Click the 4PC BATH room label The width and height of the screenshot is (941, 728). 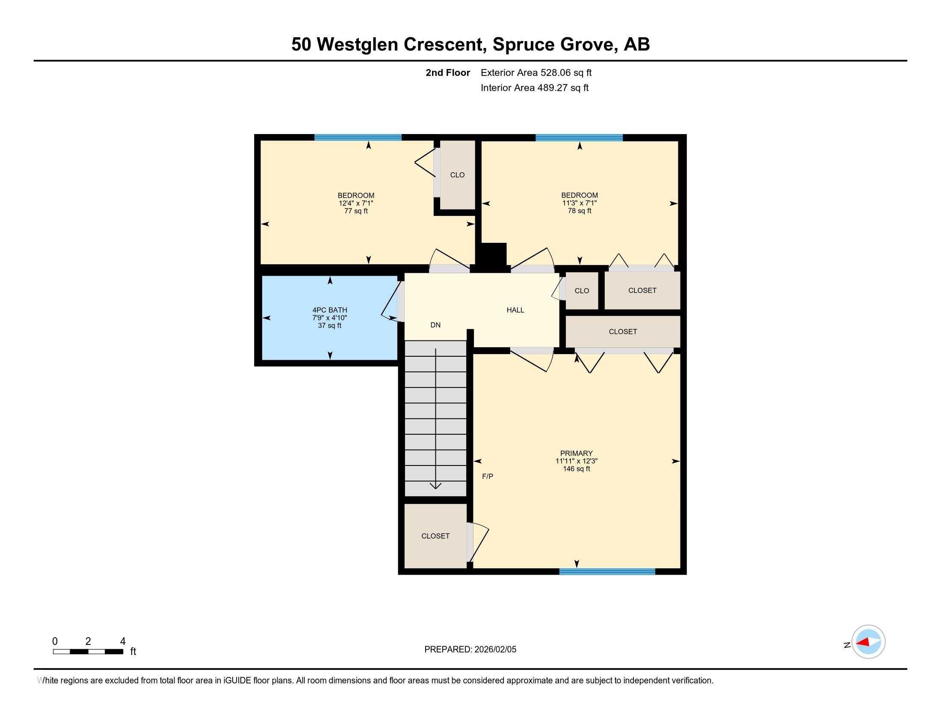330,310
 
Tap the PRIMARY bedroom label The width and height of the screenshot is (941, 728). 576,453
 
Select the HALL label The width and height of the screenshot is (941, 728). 515,310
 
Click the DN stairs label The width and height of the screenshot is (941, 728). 435,325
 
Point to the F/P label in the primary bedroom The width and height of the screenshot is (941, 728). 488,477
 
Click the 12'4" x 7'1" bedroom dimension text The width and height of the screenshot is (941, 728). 356,203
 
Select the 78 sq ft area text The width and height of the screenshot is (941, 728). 580,211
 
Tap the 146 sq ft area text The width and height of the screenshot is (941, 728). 577,469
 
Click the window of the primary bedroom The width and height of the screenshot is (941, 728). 607,571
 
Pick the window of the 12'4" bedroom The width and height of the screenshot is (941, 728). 358,137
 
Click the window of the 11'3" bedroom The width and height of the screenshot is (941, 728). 579,137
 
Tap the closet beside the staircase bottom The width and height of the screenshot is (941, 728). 435,536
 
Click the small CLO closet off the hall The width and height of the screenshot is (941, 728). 582,291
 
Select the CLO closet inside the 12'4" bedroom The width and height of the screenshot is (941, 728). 457,175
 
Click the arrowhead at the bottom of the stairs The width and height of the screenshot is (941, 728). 435,486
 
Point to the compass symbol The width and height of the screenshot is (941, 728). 868,642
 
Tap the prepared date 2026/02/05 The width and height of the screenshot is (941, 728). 494,650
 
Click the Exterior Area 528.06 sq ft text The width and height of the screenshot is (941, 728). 536,72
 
